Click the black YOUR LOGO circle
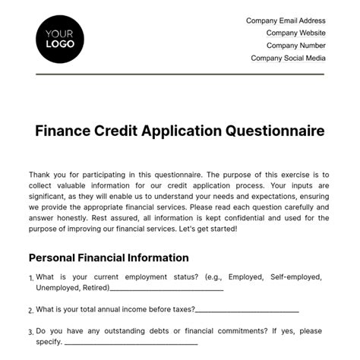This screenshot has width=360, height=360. point(60,39)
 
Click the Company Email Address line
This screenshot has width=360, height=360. point(286,21)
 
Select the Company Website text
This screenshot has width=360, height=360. point(295,33)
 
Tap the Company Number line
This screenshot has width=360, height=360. point(295,46)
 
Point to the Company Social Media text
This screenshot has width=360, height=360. point(288,58)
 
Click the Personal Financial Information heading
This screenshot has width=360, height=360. point(109,257)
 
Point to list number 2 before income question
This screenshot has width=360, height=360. point(30,311)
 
